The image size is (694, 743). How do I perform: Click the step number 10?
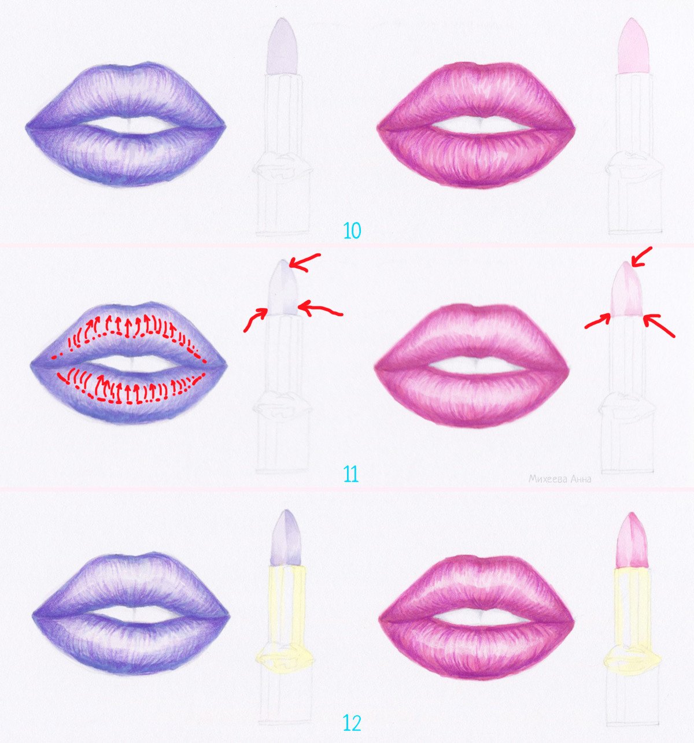tap(352, 231)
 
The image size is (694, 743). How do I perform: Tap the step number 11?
tap(350, 475)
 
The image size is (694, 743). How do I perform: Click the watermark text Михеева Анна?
tap(560, 479)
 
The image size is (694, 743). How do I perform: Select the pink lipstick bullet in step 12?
tap(632, 541)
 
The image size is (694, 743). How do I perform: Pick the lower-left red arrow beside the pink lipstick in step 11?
tap(598, 321)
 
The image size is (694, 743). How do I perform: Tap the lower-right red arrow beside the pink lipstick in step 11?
tap(659, 326)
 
